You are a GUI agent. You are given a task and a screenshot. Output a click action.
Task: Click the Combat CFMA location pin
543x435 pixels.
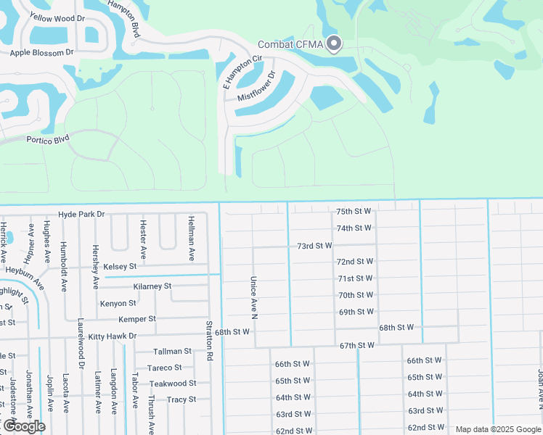(x=333, y=43)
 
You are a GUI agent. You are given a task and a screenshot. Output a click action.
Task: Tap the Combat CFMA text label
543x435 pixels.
(x=290, y=45)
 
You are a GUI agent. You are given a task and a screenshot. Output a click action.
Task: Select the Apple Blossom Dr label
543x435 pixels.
(x=42, y=53)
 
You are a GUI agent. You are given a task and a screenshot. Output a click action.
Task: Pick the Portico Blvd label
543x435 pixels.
(x=48, y=138)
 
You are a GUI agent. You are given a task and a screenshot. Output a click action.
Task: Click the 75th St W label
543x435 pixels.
(x=354, y=212)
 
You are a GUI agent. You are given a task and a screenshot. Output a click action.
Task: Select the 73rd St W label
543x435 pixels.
(x=314, y=246)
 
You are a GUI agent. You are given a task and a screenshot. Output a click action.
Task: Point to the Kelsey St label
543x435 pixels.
(x=121, y=267)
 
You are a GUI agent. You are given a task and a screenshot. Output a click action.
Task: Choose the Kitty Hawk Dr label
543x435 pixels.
(x=113, y=336)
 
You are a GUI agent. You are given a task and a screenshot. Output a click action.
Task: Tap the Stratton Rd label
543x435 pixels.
(x=209, y=341)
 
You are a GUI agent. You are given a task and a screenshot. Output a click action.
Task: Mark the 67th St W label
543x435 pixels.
(x=356, y=346)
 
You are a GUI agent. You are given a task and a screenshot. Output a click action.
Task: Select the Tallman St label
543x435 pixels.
(x=172, y=352)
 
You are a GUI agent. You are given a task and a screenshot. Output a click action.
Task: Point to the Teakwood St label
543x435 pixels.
(x=173, y=384)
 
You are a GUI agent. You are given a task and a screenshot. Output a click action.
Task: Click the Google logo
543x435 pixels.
(x=23, y=426)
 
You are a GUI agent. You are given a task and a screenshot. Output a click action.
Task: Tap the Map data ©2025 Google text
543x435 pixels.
(x=497, y=429)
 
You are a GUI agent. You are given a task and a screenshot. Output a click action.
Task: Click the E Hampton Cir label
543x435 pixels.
(x=242, y=72)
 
